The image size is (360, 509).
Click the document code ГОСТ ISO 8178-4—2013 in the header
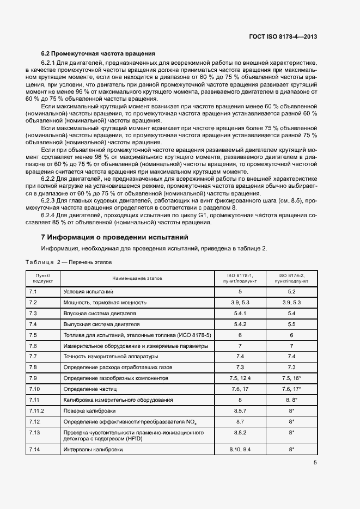(x=283, y=37)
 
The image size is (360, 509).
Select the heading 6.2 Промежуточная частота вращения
(x=99, y=53)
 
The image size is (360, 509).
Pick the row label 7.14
(x=33, y=450)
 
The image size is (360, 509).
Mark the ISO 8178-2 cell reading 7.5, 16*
(x=291, y=378)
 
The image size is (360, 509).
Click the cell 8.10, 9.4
(x=240, y=450)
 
